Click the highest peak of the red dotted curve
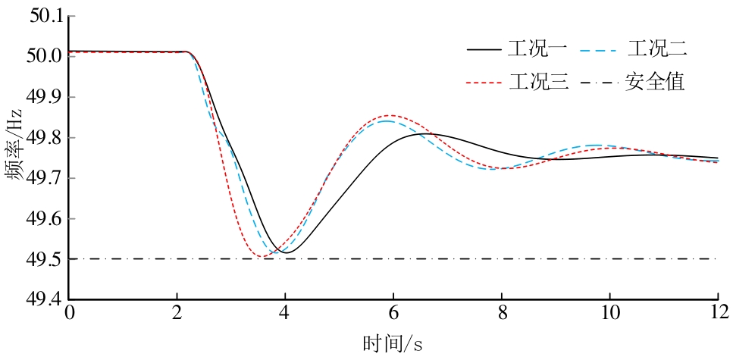(393, 115)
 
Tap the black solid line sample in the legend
(484, 50)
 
